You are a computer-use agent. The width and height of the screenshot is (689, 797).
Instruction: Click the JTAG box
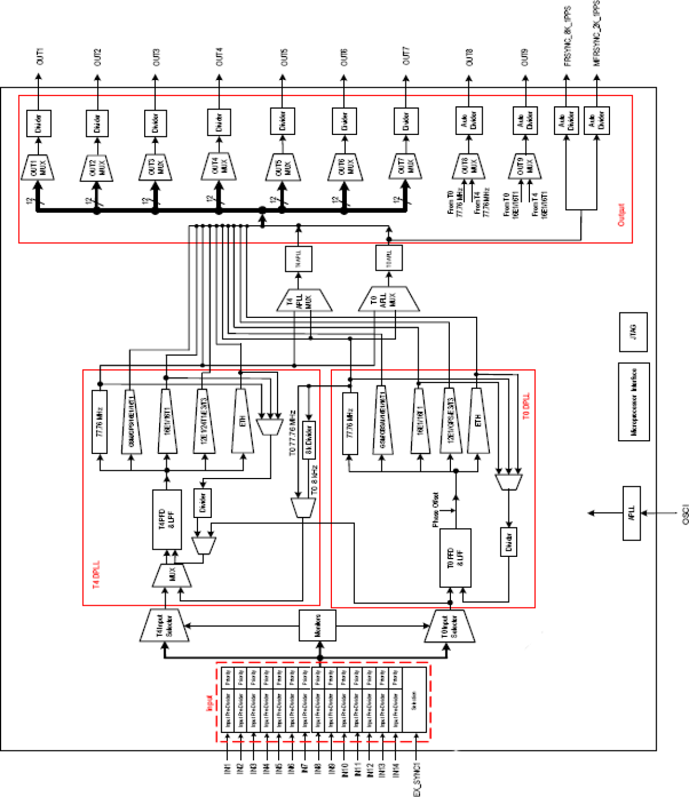[x=634, y=332]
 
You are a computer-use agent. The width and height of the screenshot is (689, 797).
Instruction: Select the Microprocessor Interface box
[x=634, y=402]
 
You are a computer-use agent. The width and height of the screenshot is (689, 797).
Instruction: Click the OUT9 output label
[x=524, y=57]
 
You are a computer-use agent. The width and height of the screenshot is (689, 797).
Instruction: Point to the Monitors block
[x=317, y=625]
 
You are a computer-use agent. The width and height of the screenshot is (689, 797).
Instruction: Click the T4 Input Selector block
[x=165, y=625]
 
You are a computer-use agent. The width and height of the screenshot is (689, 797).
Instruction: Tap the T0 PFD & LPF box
[x=455, y=557]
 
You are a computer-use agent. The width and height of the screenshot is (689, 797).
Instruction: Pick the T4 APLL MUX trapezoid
[x=303, y=300]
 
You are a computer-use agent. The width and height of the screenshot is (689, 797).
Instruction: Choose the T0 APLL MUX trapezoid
[x=388, y=299]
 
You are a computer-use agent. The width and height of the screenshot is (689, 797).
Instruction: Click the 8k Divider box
[x=309, y=440]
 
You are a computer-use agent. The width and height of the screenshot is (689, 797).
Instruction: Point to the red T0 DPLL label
[x=526, y=406]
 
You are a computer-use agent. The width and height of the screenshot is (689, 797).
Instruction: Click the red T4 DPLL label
[x=97, y=574]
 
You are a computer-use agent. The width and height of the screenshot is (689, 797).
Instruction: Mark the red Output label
[x=621, y=214]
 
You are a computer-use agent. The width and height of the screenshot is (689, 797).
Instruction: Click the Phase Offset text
[x=435, y=510]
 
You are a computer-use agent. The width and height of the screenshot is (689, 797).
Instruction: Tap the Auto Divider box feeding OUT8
[x=468, y=121]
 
